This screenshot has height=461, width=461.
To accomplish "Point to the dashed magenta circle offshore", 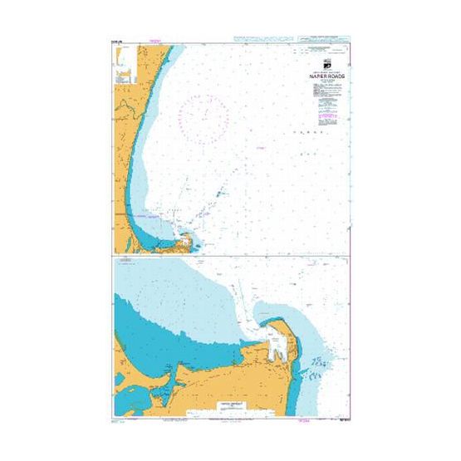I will tap(203, 118).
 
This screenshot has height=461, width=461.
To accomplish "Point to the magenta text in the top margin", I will tap(153, 42).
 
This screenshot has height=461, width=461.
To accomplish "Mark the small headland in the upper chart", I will tap(191, 242).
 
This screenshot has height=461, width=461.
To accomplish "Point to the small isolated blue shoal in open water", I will tap(220, 193).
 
